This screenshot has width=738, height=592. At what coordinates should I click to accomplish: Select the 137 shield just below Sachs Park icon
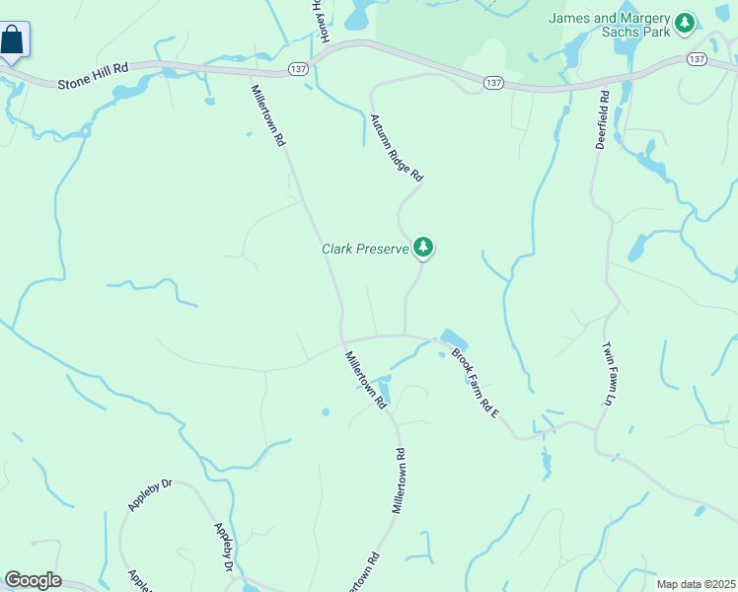coord(697,59)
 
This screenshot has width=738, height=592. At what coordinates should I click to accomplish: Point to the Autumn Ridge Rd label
coord(397,147)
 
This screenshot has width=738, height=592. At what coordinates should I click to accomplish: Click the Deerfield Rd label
coord(602,119)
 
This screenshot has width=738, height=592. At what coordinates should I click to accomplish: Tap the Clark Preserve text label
coord(365,249)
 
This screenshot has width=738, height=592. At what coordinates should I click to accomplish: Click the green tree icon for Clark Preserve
coord(423,247)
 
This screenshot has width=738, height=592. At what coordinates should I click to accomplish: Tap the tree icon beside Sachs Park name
coord(685,22)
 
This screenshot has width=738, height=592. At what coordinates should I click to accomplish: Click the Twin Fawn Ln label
coord(609,374)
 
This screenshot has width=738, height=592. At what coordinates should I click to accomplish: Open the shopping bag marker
coord(14,41)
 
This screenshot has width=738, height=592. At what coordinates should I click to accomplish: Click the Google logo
coord(33,580)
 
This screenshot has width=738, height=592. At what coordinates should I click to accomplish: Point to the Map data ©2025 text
coord(695,584)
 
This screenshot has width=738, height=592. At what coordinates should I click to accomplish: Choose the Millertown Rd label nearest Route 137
coord(267,115)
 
